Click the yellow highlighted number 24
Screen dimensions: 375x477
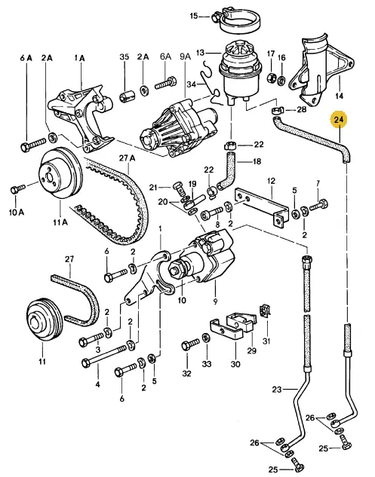(339, 120)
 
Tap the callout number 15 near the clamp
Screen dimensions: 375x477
(194, 16)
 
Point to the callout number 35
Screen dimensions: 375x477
(124, 57)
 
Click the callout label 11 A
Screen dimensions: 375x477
(60, 222)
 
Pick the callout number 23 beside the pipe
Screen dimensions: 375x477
(277, 389)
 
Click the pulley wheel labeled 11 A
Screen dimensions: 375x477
(60, 174)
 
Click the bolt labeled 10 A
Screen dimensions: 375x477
(17, 188)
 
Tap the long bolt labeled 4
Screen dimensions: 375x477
(104, 355)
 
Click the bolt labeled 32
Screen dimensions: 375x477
(191, 345)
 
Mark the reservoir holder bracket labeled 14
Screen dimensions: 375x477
(320, 73)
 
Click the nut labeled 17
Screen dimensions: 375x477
(271, 78)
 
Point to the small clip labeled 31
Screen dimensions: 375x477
(264, 310)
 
